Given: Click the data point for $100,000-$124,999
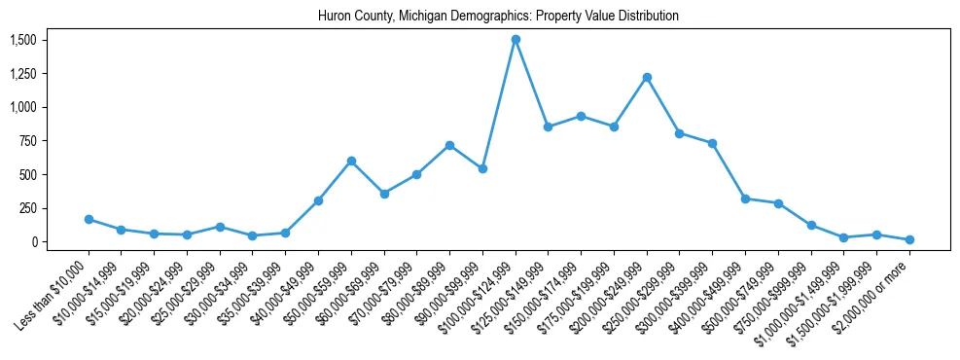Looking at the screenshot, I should pyautogui.click(x=516, y=40).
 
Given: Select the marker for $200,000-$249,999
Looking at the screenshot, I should pyautogui.click(x=647, y=77).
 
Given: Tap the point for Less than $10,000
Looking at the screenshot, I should pyautogui.click(x=89, y=220).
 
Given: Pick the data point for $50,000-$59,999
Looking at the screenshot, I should pyautogui.click(x=351, y=161).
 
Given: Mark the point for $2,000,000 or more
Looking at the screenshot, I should pyautogui.click(x=909, y=239).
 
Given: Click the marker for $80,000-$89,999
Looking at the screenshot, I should pyautogui.click(x=449, y=145).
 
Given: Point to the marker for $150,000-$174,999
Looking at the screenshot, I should pyautogui.click(x=581, y=116).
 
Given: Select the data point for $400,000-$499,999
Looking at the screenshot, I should pyautogui.click(x=745, y=198).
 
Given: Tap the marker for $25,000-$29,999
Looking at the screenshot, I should pyautogui.click(x=220, y=227).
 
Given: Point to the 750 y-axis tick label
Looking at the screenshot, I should pyautogui.click(x=26, y=141).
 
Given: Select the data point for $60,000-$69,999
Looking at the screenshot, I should pyautogui.click(x=384, y=194).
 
